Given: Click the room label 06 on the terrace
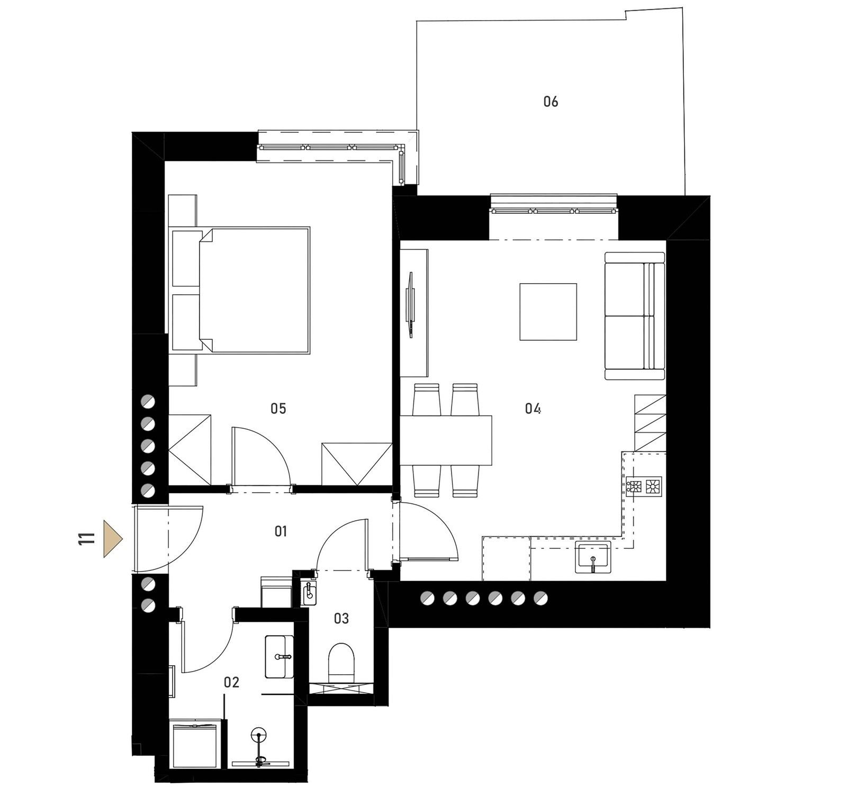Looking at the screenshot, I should pyautogui.click(x=551, y=101).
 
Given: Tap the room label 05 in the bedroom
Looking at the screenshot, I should pyautogui.click(x=278, y=408).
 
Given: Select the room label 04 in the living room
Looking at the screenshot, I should pyautogui.click(x=533, y=408).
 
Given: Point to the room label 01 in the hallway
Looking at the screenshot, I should pyautogui.click(x=281, y=531).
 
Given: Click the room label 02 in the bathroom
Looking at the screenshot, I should pyautogui.click(x=231, y=682).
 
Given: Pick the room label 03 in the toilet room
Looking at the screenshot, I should pyautogui.click(x=341, y=618).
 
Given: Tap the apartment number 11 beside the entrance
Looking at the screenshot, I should pyautogui.click(x=86, y=539).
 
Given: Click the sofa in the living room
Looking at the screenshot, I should pyautogui.click(x=634, y=315).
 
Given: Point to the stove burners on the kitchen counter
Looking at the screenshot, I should pyautogui.click(x=644, y=486).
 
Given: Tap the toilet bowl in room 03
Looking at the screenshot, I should pyautogui.click(x=341, y=661).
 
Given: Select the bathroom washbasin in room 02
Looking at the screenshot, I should pyautogui.click(x=279, y=656).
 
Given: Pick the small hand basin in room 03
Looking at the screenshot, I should pyautogui.click(x=309, y=593).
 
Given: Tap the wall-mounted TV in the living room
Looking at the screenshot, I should pyautogui.click(x=410, y=304).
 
